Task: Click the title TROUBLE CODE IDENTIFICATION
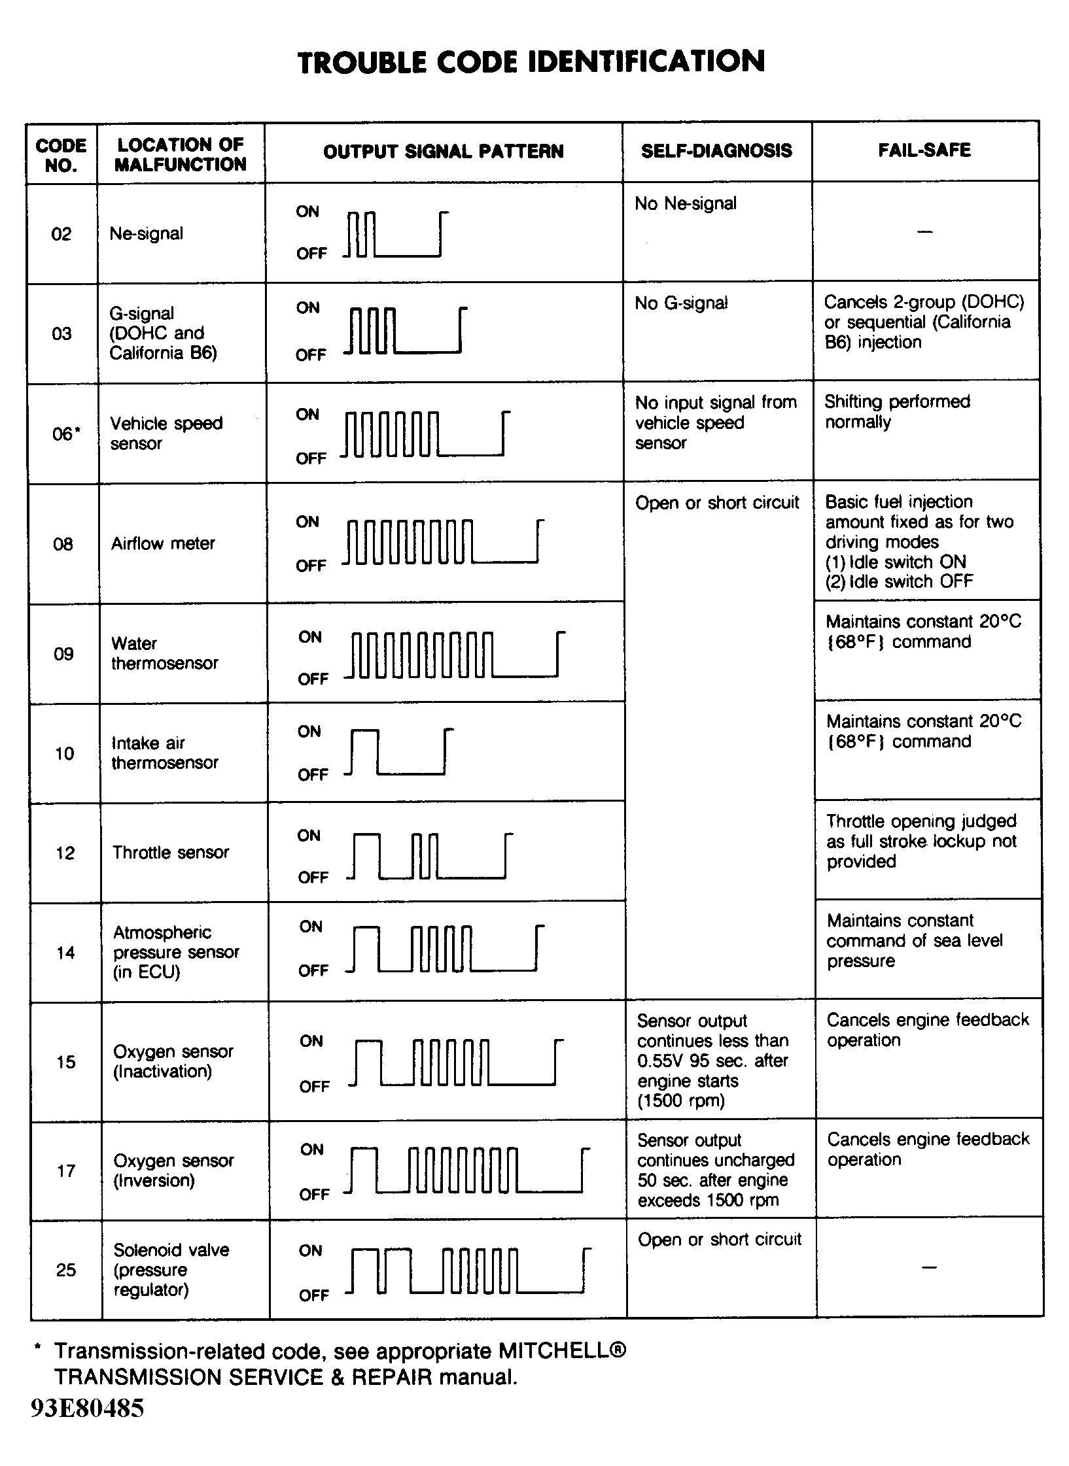tap(531, 63)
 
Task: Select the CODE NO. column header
tap(61, 155)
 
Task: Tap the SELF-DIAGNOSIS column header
tap(716, 151)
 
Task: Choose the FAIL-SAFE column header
tap(924, 150)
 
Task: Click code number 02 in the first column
tap(61, 234)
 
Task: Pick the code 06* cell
tap(66, 434)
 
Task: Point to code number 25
tap(66, 1270)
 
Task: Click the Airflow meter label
tap(163, 543)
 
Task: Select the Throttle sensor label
tap(171, 852)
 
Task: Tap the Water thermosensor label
tap(164, 653)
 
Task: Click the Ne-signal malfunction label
tap(146, 233)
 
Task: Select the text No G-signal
tap(681, 303)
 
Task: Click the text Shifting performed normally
tap(897, 411)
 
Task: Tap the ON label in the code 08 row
tap(307, 522)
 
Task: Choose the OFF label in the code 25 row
tap(313, 1295)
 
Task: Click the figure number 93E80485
tap(87, 1408)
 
